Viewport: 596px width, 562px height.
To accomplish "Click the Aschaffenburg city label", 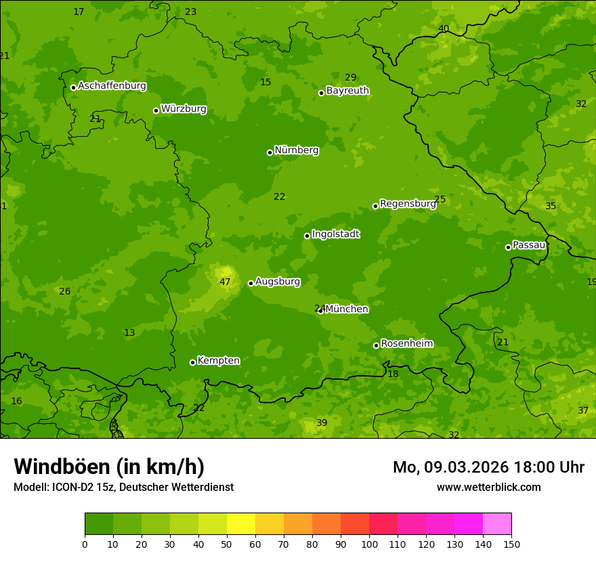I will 112,86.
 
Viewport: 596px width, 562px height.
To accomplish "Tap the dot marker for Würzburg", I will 156,110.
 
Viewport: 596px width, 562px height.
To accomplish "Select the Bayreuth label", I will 347,90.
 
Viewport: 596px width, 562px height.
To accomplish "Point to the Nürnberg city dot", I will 270,152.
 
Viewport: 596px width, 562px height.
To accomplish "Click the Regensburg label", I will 408,203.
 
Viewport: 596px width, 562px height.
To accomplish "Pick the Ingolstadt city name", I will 335,234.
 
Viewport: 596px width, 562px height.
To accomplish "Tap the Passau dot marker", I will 508,247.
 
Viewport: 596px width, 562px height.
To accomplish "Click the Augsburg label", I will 277,281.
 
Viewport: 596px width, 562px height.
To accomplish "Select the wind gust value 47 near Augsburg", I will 225,282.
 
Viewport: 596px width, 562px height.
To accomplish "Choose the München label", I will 346,309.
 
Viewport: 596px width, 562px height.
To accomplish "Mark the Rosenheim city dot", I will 376,346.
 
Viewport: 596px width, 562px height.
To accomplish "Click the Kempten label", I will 218,360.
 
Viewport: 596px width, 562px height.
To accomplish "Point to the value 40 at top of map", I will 443,28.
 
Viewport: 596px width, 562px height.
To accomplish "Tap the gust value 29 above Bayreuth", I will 350,77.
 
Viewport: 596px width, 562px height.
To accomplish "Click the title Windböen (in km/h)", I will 108,467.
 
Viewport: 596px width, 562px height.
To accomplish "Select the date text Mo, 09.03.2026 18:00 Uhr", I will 488,467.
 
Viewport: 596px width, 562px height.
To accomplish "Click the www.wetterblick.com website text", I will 488,487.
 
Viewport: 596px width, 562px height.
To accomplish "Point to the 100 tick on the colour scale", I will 369,544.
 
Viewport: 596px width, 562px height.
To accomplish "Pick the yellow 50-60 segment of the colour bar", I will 241,524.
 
